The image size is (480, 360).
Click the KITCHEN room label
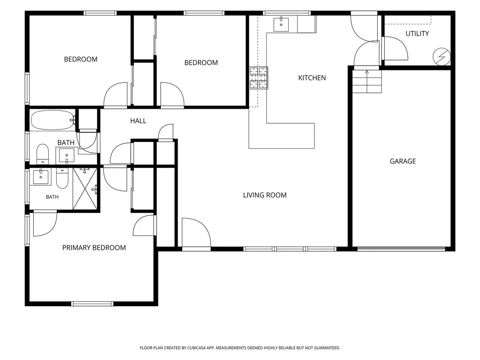[x=312, y=78]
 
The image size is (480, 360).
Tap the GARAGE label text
[x=403, y=161]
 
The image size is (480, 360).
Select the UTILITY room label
[x=417, y=34]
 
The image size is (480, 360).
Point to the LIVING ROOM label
[x=265, y=195]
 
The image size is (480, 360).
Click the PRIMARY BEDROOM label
[x=94, y=247]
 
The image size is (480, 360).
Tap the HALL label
[x=138, y=121]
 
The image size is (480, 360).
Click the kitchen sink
[x=281, y=24]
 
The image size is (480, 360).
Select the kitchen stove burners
[x=259, y=78]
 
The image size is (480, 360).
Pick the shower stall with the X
[x=85, y=189]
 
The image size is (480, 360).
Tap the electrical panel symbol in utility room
[x=442, y=57]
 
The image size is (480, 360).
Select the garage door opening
[x=401, y=249]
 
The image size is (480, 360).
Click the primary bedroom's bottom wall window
[x=92, y=304]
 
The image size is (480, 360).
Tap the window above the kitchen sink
[x=287, y=13]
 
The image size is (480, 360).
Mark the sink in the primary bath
[x=40, y=177]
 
